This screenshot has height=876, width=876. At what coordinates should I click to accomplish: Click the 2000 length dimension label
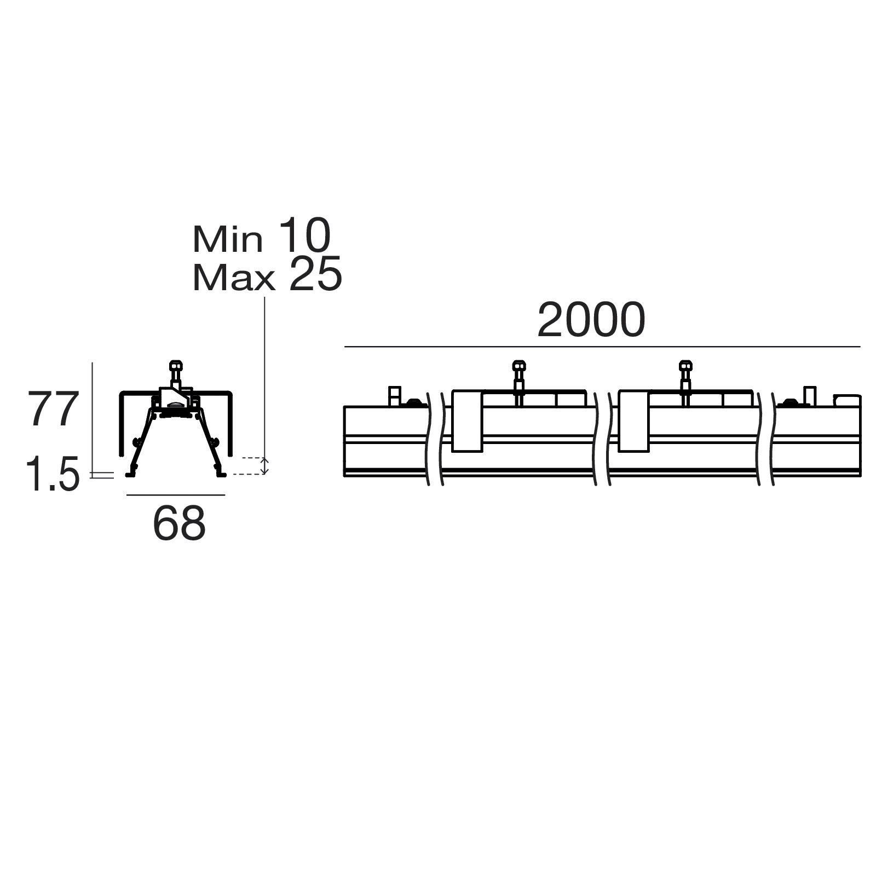(591, 320)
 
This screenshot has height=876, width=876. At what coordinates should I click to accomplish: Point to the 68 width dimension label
(180, 523)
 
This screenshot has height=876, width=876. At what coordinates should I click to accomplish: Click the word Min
(228, 239)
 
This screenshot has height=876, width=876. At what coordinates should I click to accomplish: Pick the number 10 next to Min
(305, 235)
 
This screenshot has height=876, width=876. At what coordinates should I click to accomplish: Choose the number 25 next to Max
(315, 273)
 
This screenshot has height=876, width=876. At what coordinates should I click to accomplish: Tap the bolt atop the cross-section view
(176, 373)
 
